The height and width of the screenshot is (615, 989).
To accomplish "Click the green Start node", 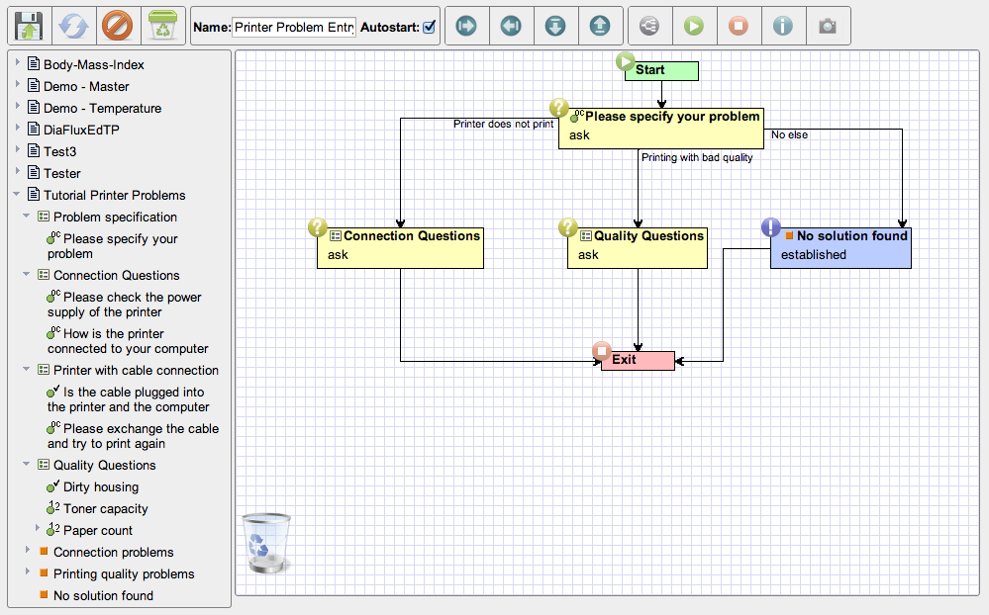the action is point(661,70).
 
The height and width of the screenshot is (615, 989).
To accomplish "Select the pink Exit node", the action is point(638,361).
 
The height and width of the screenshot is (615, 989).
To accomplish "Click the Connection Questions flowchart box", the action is point(400,248).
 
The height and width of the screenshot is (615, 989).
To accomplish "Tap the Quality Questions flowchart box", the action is point(637,248).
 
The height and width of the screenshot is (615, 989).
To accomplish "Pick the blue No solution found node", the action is point(841,248).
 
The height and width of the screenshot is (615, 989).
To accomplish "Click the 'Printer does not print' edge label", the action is point(503,125).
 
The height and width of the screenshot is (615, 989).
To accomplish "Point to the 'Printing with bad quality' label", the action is point(697,157).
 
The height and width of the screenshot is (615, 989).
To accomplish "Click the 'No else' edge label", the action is point(789,134).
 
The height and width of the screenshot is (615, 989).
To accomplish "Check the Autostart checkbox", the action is point(429,27).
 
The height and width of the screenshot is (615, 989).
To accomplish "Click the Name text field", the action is point(294,27).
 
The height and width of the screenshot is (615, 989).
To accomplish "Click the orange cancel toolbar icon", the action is point(118,27).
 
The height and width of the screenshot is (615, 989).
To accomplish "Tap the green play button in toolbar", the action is point(694,26).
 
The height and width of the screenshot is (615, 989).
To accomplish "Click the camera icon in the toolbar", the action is point(828,26).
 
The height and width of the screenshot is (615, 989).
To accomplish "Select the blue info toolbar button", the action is point(783,26).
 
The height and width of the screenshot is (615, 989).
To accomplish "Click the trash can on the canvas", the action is point(266,543).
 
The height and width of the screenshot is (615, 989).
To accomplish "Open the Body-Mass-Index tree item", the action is point(93,65).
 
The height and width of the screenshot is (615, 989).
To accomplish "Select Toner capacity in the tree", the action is point(105,508).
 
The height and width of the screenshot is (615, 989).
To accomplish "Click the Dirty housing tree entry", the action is point(101,487).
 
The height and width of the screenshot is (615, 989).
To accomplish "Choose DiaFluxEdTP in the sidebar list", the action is point(81,130).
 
